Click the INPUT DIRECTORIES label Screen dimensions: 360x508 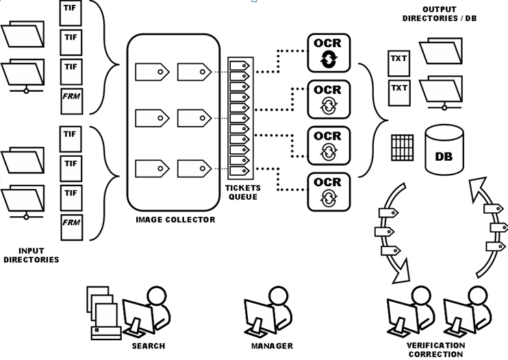[x=30, y=255]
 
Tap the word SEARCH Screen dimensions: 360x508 [x=149, y=346]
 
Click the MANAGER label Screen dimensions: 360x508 [x=272, y=346]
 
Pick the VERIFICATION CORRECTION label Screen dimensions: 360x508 [x=435, y=350]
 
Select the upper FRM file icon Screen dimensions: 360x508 [x=70, y=98]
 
